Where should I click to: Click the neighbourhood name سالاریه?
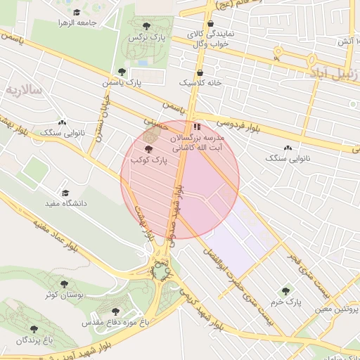click(x=27, y=91)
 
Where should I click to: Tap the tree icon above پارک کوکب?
click(x=148, y=149)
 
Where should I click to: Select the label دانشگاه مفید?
click(x=65, y=203)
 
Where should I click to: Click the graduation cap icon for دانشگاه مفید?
click(x=65, y=193)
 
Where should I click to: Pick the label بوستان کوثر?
click(x=64, y=295)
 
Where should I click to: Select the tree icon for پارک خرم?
click(x=285, y=290)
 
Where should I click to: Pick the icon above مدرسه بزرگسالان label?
click(x=196, y=127)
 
